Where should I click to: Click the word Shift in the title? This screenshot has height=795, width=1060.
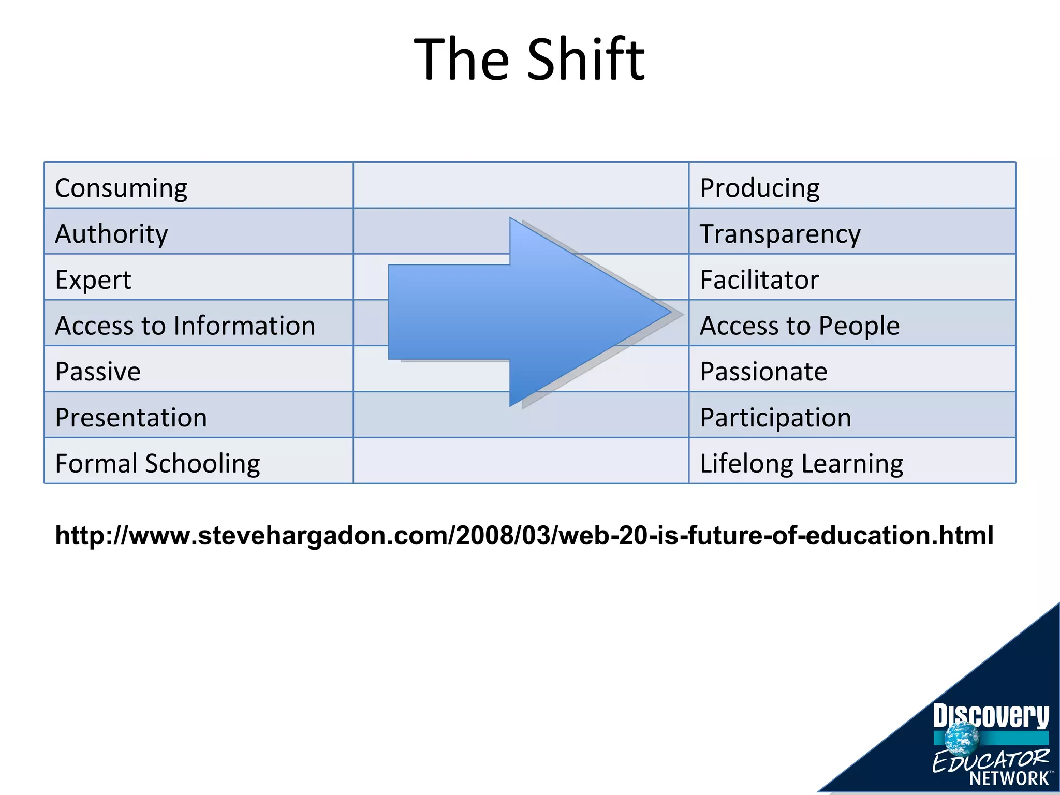point(586,60)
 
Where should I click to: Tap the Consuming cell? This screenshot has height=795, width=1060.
point(121,187)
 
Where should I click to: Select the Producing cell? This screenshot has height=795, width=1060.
point(759,187)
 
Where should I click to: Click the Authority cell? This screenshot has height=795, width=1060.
point(111,233)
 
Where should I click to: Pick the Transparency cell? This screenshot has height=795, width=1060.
point(780,233)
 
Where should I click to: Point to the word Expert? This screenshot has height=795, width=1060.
point(93,279)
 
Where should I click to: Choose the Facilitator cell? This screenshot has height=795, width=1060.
point(759,279)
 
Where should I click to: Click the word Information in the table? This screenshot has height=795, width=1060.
point(244,326)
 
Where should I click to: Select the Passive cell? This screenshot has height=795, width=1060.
point(98,371)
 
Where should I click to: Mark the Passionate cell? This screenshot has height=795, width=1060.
point(763,371)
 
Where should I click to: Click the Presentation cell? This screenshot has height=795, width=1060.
point(131,417)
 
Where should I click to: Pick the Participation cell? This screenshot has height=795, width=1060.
point(775,417)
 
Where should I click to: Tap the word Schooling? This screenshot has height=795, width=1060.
point(202,463)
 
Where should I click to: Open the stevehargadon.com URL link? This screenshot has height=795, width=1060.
point(524,535)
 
